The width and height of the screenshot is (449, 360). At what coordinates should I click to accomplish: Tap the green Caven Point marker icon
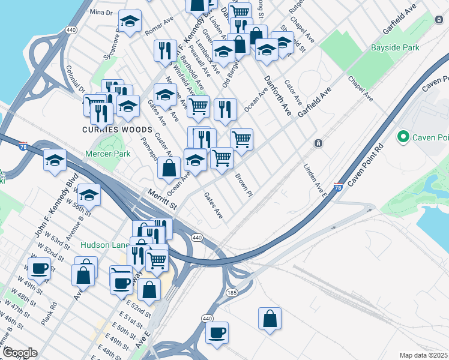tap(403, 137)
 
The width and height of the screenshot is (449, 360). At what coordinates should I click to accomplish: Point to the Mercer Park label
tap(108, 154)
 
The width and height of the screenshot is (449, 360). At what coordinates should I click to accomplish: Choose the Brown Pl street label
tap(243, 184)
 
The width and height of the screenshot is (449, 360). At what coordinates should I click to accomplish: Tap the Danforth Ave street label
tap(276, 96)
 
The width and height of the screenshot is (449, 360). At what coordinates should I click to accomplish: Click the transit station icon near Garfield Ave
tap(318, 143)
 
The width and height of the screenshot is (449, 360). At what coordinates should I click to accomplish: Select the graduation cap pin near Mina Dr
tap(128, 22)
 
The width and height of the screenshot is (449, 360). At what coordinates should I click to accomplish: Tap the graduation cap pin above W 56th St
tap(89, 195)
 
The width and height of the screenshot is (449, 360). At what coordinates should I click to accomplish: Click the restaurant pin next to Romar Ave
tap(164, 50)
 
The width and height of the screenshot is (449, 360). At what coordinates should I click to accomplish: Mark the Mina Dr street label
tap(100, 12)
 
